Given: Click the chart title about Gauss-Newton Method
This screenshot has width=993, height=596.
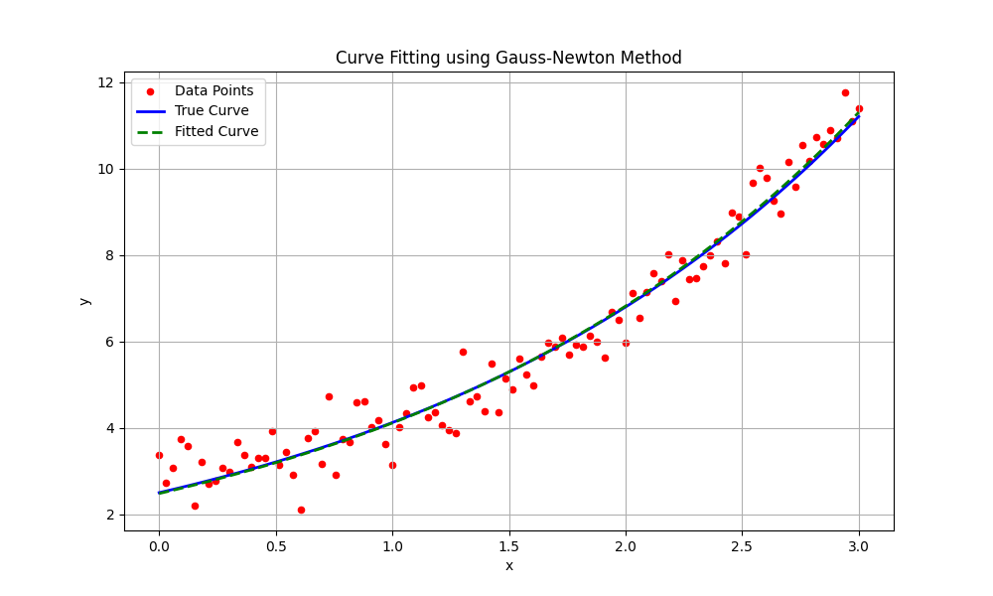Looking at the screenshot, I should click(x=508, y=58).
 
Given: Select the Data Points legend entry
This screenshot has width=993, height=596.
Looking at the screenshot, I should click(x=213, y=90).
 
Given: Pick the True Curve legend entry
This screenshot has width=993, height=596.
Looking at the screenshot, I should click(x=212, y=110).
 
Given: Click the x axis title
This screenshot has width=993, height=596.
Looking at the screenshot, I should click(x=508, y=565).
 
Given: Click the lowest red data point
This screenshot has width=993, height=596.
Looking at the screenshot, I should click(x=301, y=510).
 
